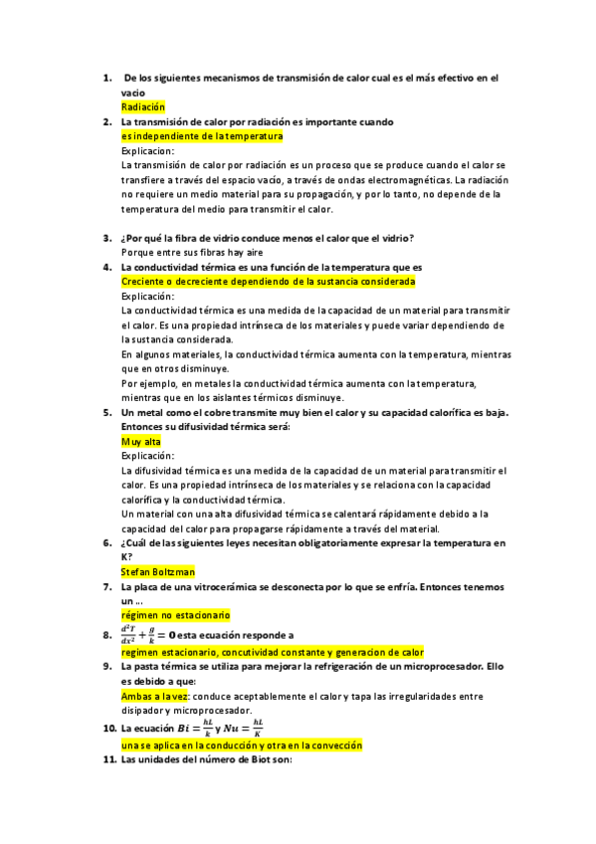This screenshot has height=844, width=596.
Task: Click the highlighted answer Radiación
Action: pos(142,106)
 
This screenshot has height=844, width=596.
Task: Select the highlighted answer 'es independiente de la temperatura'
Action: pos(202,136)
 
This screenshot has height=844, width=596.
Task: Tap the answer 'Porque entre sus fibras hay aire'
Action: pos(189,253)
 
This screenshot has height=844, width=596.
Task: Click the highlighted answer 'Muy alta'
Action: pos(140,441)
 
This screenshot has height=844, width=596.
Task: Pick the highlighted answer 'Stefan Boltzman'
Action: pos(157,572)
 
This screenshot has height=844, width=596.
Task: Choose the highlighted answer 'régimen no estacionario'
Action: pos(175,616)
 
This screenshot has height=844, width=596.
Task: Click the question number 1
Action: pos(106,78)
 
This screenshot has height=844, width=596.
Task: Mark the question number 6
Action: pos(106,543)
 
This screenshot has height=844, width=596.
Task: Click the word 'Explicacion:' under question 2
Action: pos(147,151)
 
